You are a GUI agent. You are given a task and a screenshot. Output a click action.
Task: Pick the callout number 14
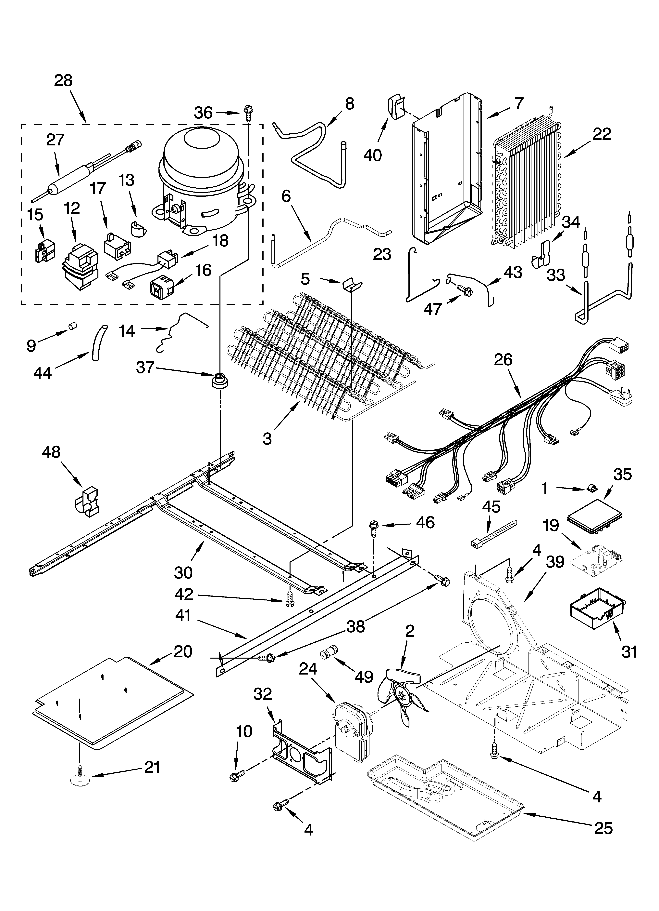(x=127, y=331)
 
